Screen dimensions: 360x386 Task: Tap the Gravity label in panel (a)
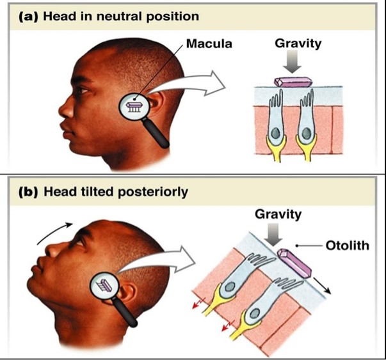(298, 45)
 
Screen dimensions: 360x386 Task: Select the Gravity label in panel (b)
(277, 214)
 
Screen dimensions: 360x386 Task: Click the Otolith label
(346, 246)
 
